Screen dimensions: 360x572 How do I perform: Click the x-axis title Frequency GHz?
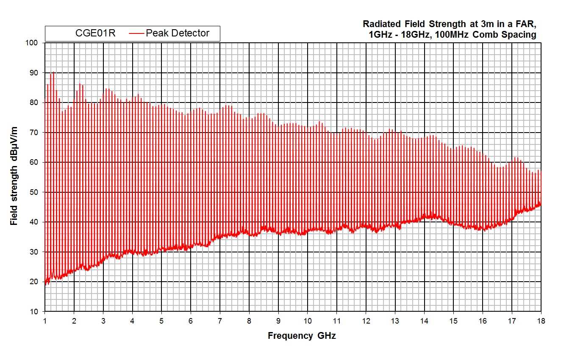(x=302, y=336)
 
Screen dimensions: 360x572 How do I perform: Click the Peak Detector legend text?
(x=178, y=33)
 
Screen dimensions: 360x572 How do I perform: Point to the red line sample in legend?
(x=136, y=33)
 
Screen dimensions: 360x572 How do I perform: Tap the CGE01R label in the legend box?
(x=95, y=33)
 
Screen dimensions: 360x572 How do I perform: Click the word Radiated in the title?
(x=379, y=24)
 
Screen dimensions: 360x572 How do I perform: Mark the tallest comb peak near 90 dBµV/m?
(x=53, y=72)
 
